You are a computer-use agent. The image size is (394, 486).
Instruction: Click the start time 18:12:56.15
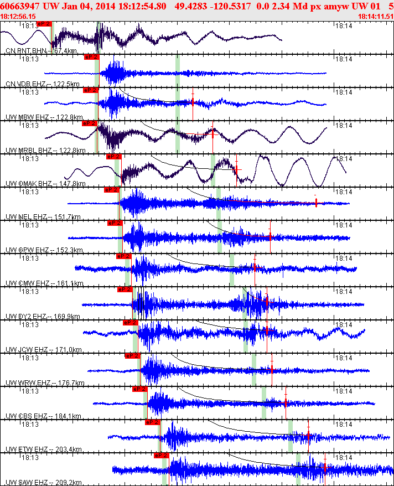[x=18, y=17]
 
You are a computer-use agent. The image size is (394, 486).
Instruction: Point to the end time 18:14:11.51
[x=376, y=17]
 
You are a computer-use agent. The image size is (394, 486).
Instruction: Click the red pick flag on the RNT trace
[x=44, y=24]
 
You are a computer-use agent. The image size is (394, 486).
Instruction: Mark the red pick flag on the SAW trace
[x=160, y=456]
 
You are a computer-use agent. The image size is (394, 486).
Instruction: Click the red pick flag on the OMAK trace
[x=113, y=157]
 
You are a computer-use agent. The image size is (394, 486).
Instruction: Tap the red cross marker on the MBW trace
[x=192, y=102]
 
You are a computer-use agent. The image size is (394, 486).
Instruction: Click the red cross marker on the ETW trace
[x=308, y=436]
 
